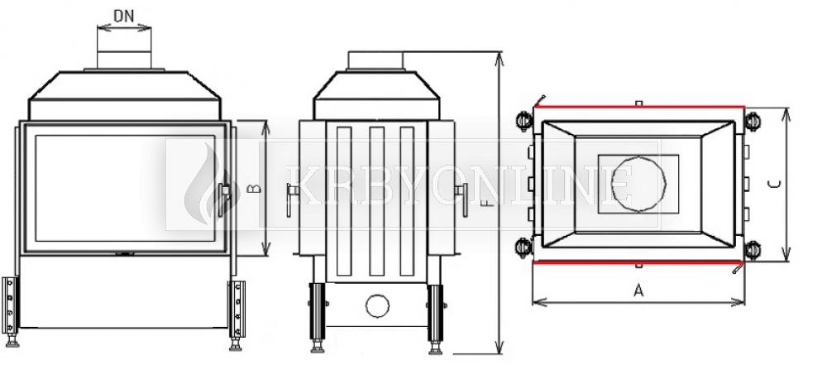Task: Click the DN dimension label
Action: coord(124,17)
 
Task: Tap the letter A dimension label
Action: coord(638,291)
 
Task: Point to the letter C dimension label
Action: coord(774,185)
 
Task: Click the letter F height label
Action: coord(490,202)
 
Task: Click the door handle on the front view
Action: coord(223,199)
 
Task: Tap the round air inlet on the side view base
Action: coord(378,305)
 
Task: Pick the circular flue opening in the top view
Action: coord(638,184)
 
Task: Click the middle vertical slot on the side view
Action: coord(376,200)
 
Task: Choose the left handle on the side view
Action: coord(291,199)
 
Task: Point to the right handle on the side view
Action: coord(462,199)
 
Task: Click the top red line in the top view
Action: coord(639,107)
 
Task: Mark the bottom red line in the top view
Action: coord(639,262)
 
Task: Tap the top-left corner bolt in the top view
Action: coord(524,121)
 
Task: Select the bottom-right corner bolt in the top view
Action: coord(752,250)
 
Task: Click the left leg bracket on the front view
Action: coord(10,305)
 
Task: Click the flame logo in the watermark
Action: coord(206,185)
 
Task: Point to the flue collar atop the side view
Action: coord(375,60)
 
